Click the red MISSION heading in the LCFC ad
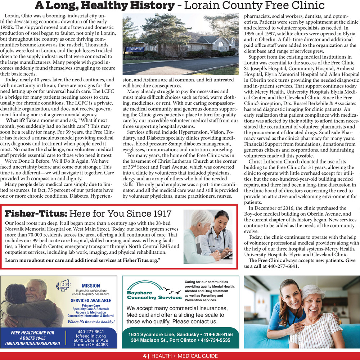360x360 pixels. click(x=91, y=285)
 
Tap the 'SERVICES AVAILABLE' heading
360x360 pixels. click(x=91, y=301)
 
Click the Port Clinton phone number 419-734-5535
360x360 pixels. click(x=215, y=340)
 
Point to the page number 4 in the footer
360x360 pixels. click(x=144, y=356)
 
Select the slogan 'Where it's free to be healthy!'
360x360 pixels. click(x=91, y=322)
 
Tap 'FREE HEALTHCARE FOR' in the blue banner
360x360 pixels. click(x=32, y=333)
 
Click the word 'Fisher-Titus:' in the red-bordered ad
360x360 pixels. click(x=36, y=213)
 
